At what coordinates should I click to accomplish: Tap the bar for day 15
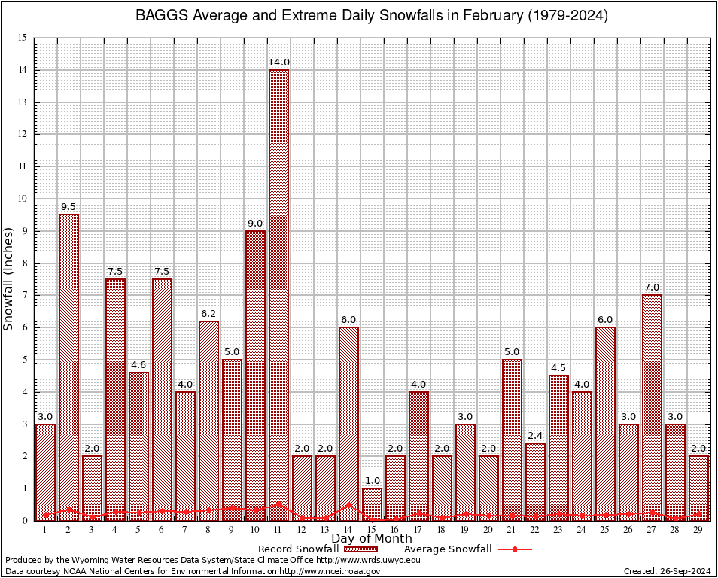372,503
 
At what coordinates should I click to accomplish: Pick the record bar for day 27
652,406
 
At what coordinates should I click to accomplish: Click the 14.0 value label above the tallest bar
278,62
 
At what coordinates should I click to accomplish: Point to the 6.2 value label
208,313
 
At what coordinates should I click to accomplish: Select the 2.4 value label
535,435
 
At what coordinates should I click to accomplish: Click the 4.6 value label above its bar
138,364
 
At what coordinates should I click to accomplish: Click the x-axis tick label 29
698,530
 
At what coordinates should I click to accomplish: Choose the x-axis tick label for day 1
45,530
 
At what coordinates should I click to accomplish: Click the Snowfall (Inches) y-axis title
9,278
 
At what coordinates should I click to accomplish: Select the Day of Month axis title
371,539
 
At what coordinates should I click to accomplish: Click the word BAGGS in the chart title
159,16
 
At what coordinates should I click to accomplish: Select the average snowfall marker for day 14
348,506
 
